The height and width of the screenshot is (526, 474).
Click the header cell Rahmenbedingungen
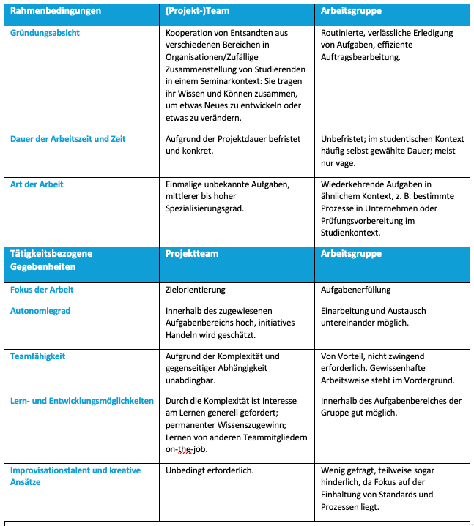(56, 11)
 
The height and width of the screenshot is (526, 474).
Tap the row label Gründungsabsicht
(45, 33)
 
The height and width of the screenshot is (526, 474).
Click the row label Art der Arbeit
(37, 184)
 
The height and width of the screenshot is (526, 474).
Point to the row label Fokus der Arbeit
(42, 290)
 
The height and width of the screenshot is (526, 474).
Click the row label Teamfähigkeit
(38, 356)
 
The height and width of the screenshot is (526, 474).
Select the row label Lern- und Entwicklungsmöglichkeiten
(82, 401)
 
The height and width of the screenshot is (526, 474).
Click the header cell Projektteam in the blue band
(193, 254)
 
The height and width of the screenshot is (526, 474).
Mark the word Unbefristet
(344, 138)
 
